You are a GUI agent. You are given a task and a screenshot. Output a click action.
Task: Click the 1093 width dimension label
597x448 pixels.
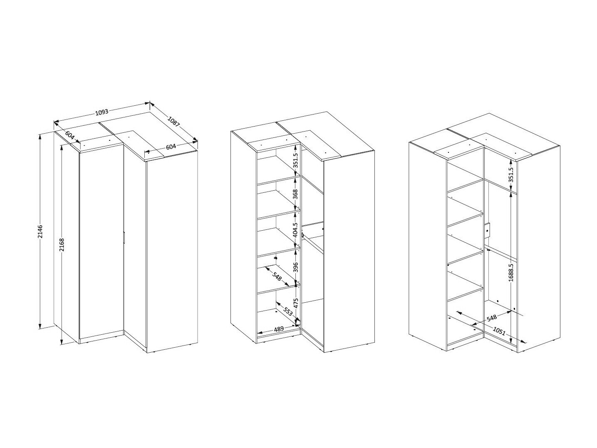point(102,112)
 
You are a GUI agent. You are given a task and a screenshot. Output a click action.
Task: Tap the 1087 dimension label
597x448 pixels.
point(173,122)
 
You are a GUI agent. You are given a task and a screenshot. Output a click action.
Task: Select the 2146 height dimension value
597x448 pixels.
point(40,231)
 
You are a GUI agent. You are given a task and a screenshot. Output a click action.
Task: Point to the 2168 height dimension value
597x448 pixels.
point(62,245)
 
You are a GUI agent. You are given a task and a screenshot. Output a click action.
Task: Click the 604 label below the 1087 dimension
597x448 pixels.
point(171,147)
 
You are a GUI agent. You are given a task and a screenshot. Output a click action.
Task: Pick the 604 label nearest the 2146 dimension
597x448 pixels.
point(69,135)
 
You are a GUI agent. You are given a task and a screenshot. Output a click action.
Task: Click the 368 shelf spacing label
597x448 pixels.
point(296,194)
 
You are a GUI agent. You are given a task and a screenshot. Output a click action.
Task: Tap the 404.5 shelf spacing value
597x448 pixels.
point(296,230)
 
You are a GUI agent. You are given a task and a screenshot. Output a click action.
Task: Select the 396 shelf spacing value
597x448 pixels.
point(296,267)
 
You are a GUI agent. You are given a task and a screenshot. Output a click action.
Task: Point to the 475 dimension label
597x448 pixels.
point(296,303)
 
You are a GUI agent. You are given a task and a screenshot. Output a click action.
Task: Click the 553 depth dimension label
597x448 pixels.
point(288,311)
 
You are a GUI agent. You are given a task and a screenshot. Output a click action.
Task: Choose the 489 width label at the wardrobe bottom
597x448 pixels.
point(279,329)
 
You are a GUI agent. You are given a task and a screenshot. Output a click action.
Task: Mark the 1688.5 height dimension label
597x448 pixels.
point(511,272)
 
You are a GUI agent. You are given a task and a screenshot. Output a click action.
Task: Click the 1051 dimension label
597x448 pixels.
point(499,331)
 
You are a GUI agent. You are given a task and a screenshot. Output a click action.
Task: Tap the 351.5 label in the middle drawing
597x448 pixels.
point(296,160)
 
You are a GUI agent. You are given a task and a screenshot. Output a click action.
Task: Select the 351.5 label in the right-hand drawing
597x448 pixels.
point(511,174)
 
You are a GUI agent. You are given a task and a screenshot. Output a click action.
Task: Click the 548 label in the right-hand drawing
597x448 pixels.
point(491,318)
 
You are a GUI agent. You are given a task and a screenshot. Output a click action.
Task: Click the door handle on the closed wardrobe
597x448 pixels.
point(124,237)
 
